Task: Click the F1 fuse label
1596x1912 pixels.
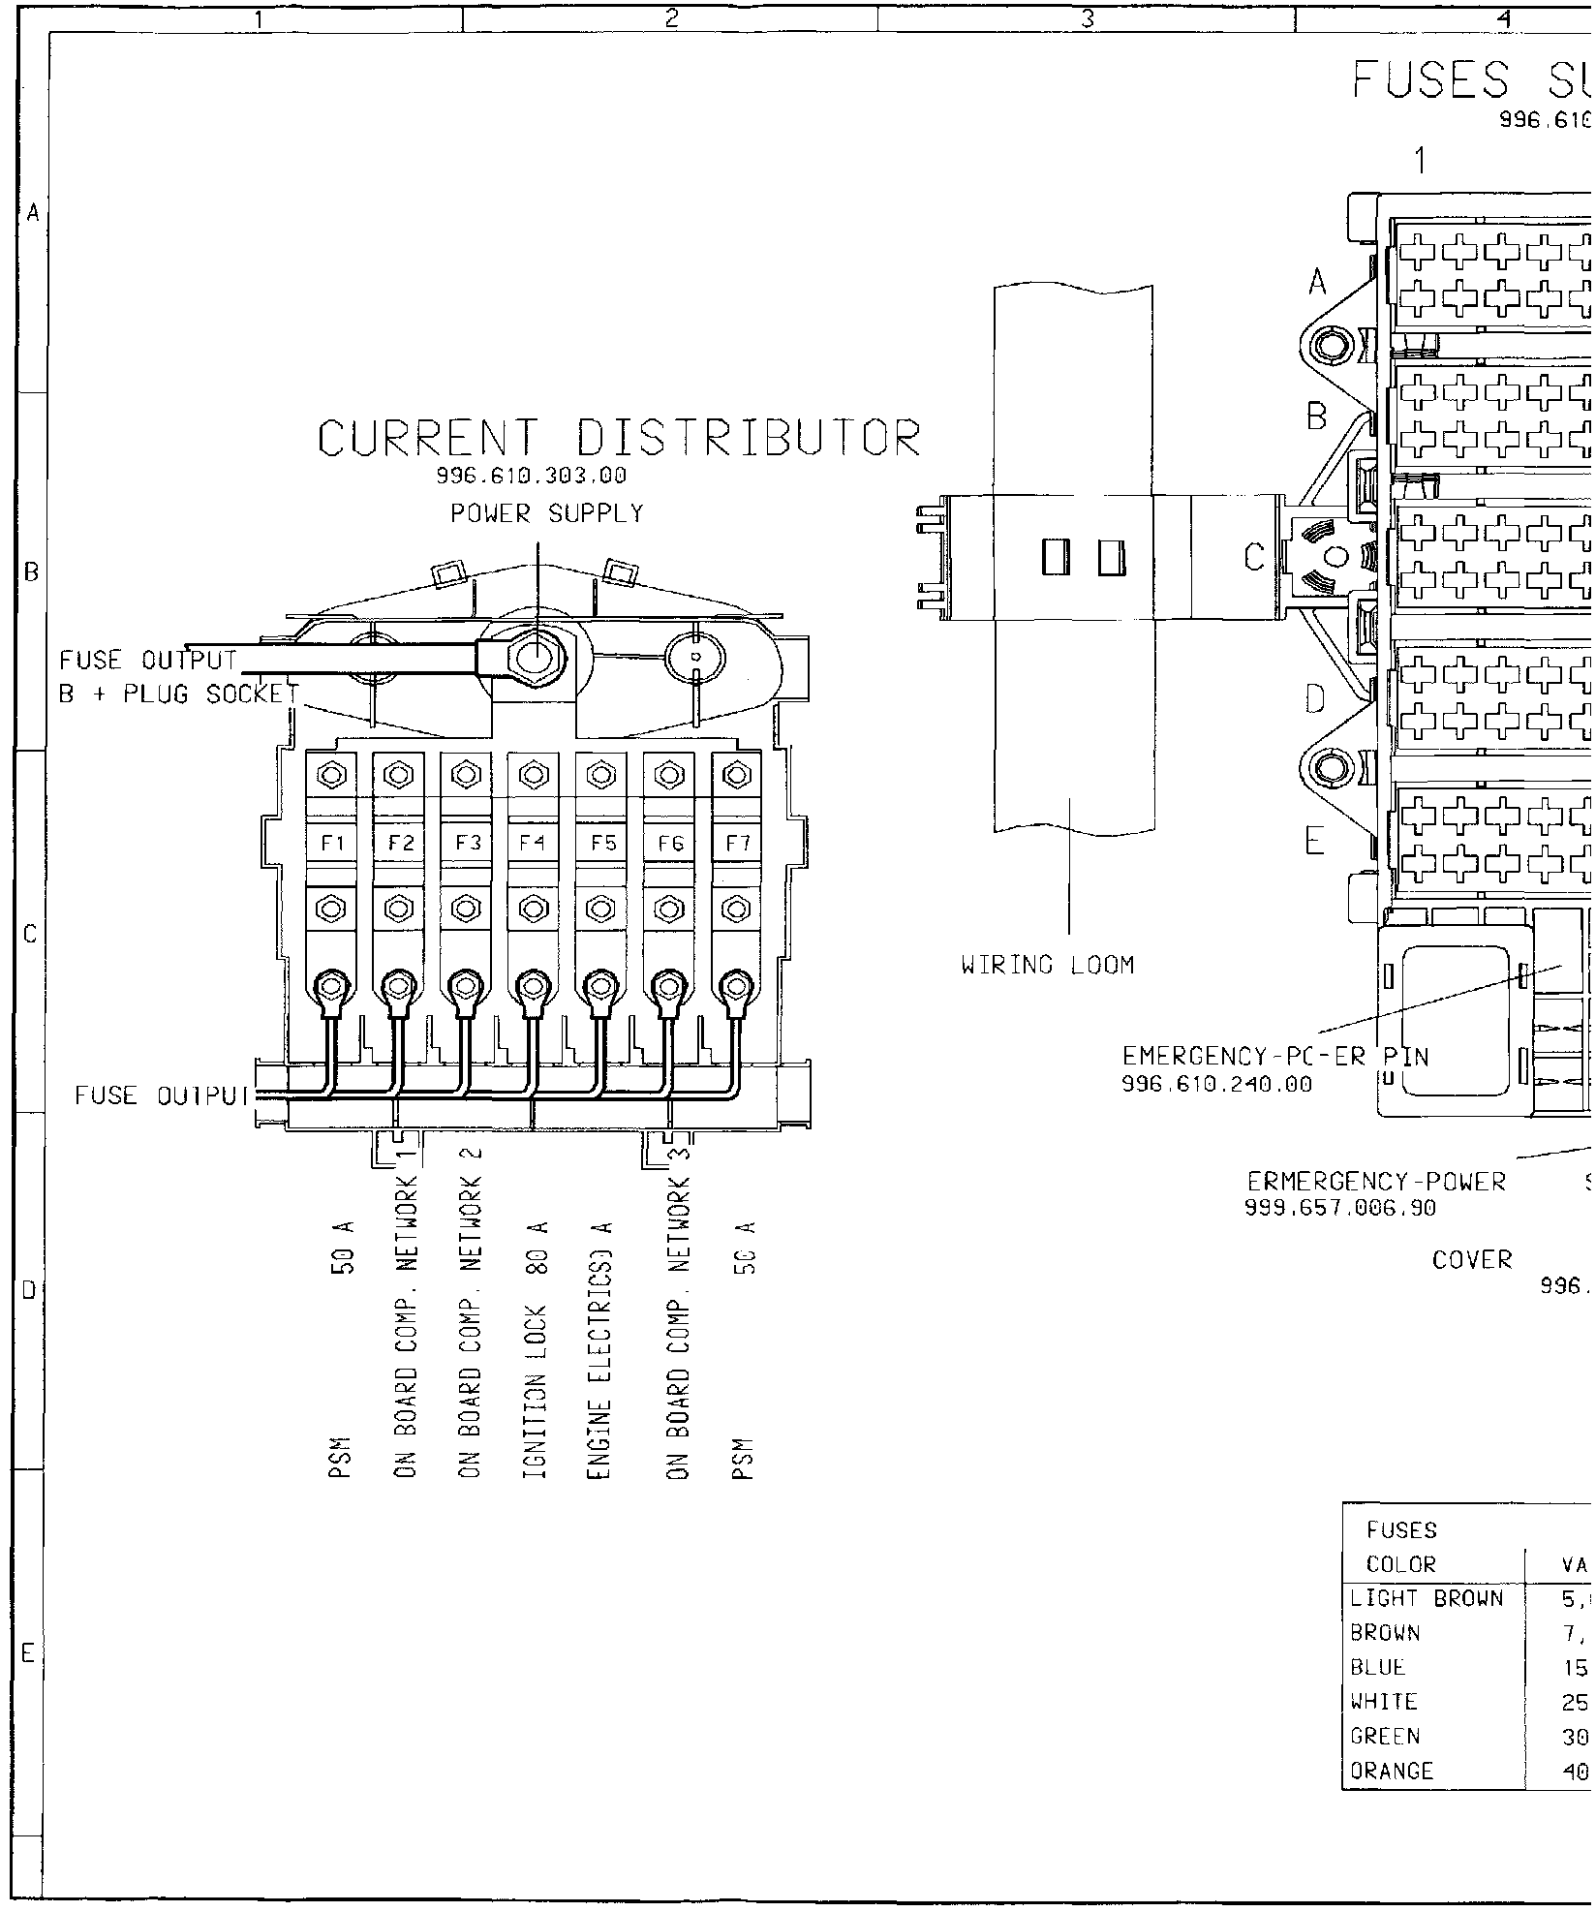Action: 332,843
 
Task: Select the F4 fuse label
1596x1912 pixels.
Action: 532,843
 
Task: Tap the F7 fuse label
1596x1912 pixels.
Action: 738,843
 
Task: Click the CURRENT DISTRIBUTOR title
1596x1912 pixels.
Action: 620,439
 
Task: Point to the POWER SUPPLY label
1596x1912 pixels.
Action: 547,513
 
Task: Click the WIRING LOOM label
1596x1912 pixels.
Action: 1047,965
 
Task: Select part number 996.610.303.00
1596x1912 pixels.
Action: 532,476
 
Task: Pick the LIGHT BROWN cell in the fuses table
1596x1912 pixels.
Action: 1427,1598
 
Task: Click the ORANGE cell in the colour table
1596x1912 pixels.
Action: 1392,1743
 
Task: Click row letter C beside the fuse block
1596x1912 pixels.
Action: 1255,558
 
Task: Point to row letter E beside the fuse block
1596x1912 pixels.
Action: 1313,841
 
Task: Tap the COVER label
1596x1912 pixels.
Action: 1472,1260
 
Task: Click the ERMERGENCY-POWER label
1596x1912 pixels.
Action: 1376,1182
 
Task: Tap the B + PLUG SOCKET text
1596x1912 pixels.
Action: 179,694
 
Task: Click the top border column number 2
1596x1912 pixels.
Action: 670,16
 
